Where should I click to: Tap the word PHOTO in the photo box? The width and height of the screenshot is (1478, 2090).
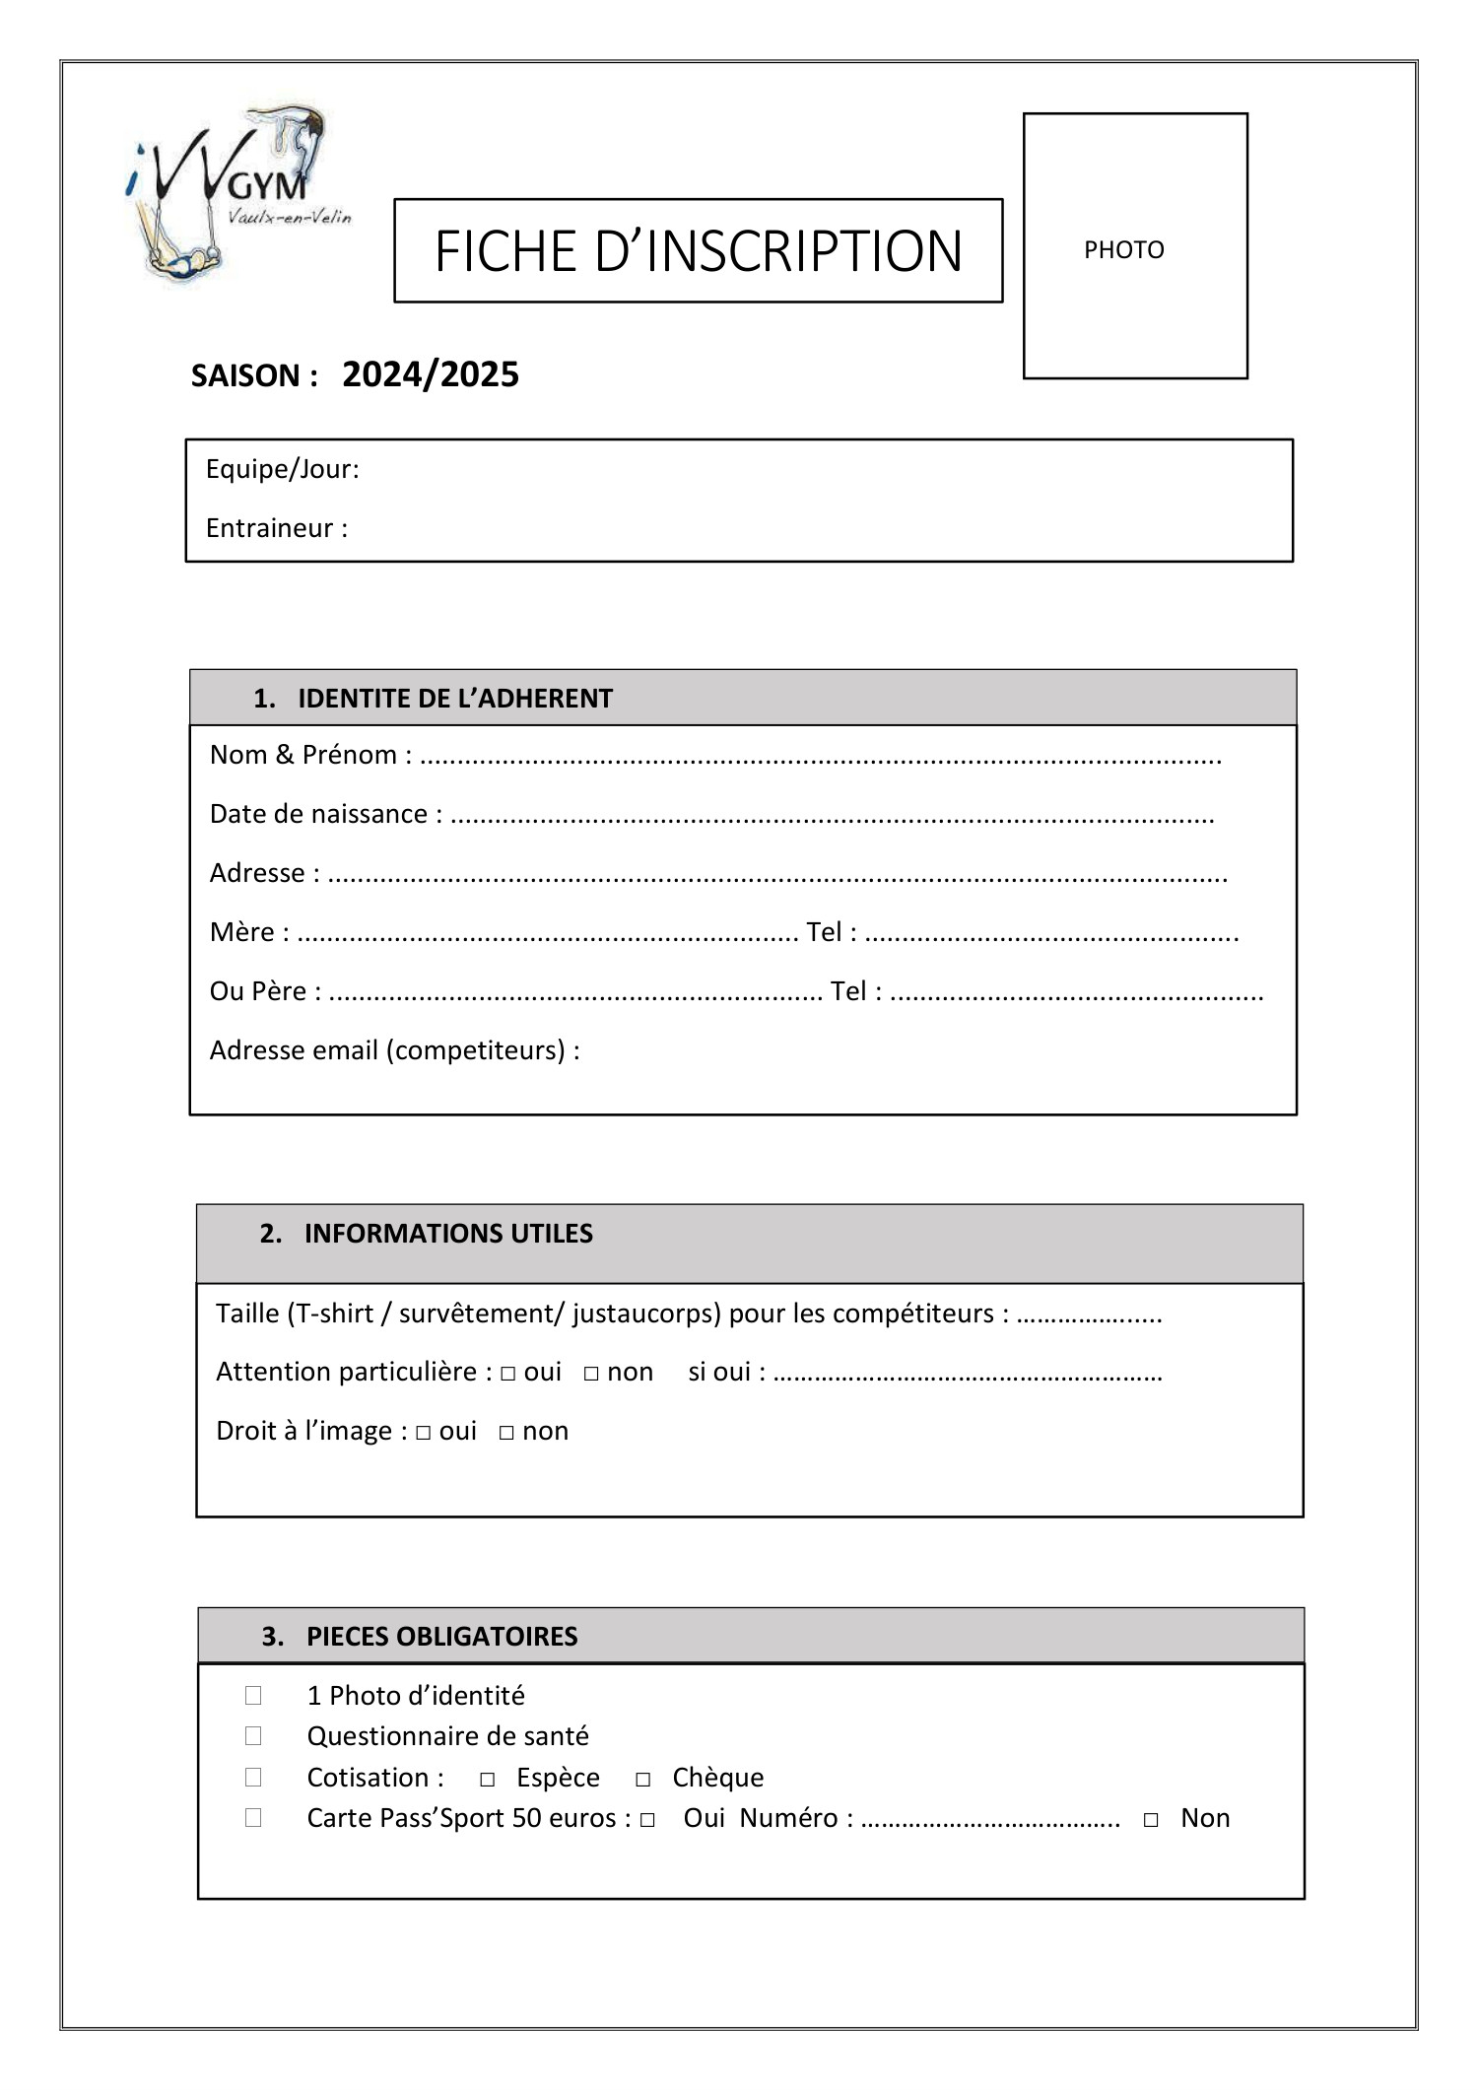1123,250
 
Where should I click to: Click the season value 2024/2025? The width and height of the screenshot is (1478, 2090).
431,375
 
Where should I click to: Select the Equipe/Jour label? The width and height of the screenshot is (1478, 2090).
282,470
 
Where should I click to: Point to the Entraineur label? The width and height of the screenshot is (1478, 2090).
276,529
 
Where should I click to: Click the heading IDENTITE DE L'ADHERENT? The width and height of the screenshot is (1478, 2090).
454,699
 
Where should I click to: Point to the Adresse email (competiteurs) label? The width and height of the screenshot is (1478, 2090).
394,1050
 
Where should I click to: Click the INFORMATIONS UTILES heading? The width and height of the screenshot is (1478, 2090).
448,1234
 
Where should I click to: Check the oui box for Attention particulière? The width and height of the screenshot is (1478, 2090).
507,1374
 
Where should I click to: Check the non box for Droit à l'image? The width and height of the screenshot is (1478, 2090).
506,1433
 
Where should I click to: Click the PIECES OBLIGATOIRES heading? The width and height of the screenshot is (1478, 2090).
441,1637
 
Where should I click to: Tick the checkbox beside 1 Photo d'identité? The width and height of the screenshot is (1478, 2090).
253,1696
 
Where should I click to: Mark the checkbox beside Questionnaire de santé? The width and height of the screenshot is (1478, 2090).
253,1736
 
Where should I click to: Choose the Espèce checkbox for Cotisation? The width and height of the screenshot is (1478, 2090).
487,1780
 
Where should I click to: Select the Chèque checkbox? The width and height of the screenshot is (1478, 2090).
642,1780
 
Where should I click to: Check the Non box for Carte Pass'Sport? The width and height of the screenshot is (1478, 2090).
1151,1820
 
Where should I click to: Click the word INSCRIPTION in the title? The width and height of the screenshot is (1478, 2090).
803,251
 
